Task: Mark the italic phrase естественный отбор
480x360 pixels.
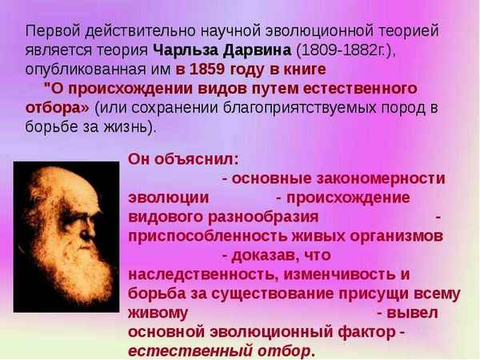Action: coord(218,350)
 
